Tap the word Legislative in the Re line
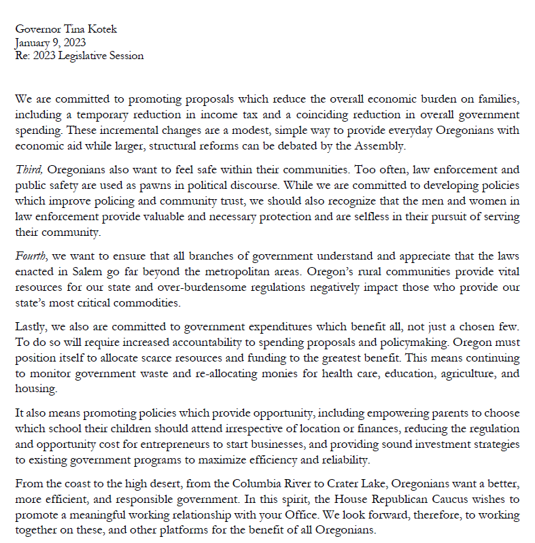pos(88,56)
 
